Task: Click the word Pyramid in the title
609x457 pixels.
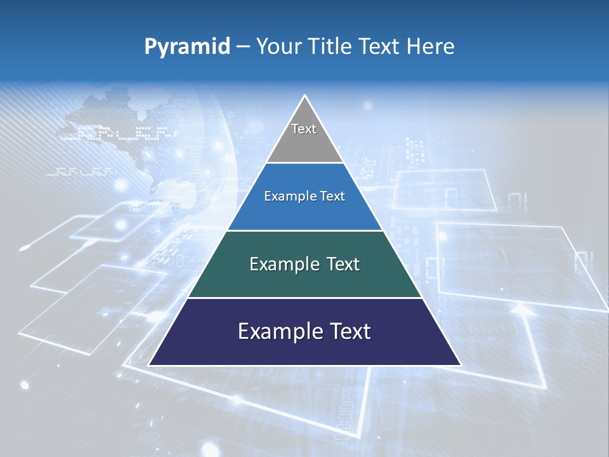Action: coord(187,47)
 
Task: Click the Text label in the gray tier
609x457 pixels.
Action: coord(304,129)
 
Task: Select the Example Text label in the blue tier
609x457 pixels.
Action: coord(304,196)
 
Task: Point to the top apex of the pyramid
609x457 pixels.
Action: coord(305,96)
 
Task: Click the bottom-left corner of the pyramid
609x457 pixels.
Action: coord(150,365)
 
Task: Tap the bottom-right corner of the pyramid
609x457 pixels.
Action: coord(460,365)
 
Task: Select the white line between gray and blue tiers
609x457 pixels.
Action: coord(304,163)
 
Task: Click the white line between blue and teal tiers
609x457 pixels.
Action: coord(304,230)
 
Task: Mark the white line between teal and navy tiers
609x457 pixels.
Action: coord(304,298)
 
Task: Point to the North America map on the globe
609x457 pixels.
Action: coord(114,121)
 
